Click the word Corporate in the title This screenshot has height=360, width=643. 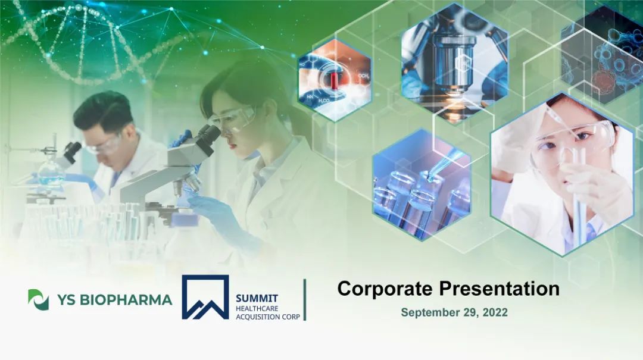point(385,289)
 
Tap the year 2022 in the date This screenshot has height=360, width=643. point(495,312)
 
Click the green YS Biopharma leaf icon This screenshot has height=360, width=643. point(38,300)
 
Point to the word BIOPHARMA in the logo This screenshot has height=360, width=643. point(126,300)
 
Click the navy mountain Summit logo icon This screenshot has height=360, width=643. point(205,298)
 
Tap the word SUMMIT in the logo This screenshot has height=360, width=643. point(257,299)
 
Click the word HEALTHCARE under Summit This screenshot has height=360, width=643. point(257,308)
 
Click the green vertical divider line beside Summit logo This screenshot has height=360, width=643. point(305,300)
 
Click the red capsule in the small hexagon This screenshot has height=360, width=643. point(335,80)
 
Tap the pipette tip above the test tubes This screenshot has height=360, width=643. point(430,176)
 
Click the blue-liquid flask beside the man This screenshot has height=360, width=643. point(51,171)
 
